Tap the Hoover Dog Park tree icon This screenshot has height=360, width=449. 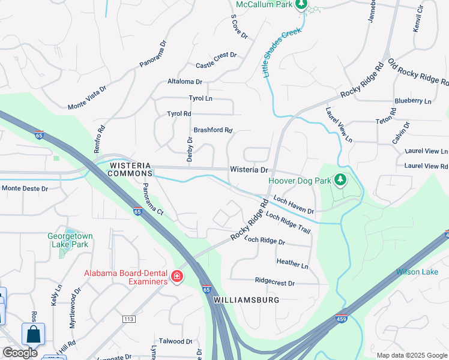point(340,180)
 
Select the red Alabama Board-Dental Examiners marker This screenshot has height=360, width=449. point(177,277)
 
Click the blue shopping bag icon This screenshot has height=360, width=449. point(34,334)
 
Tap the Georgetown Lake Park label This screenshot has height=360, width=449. point(68,240)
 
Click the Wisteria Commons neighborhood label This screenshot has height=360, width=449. point(130,169)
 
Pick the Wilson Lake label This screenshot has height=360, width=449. point(417,272)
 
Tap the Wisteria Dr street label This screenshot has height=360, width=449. point(249,170)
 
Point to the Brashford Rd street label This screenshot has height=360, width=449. point(212,130)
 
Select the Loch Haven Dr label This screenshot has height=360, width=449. point(294,205)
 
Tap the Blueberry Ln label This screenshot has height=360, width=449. point(413,101)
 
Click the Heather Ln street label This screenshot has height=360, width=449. point(292,262)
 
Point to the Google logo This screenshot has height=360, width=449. point(20,353)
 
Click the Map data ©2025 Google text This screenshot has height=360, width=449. point(411,355)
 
